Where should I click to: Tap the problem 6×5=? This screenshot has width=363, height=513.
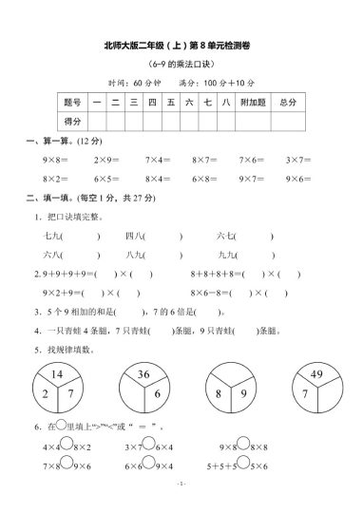pyautogui.click(x=105, y=179)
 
